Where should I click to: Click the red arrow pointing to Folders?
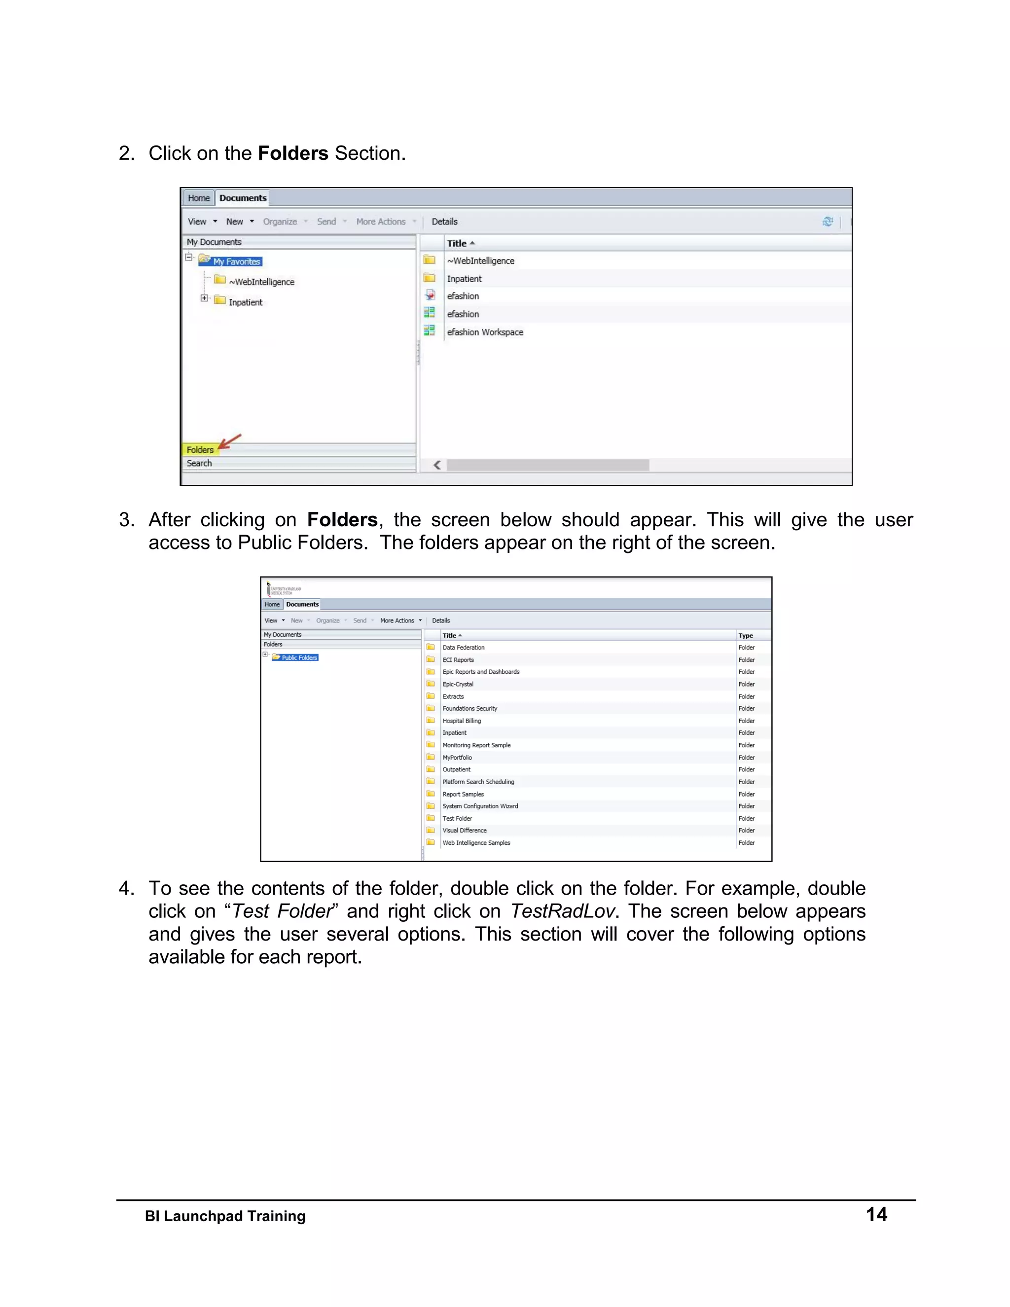coord(230,441)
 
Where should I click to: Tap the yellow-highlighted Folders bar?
coord(200,449)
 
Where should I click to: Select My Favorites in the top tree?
coord(236,261)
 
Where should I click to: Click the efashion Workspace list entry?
coord(485,332)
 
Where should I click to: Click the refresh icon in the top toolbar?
coord(828,221)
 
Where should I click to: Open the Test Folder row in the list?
coord(457,818)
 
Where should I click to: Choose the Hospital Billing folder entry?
coord(461,721)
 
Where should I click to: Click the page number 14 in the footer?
coord(876,1214)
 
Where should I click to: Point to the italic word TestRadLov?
coord(562,911)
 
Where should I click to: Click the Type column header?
coord(746,636)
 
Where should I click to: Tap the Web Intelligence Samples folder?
coord(476,842)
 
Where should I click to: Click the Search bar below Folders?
coord(199,463)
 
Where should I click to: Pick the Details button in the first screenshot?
coord(444,221)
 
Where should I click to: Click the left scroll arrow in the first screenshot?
coord(437,465)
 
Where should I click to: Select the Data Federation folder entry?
coord(463,648)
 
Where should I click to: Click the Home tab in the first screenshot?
coord(199,198)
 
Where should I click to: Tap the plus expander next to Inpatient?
coord(205,298)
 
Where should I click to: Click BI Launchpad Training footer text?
coord(225,1216)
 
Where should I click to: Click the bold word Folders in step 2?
coord(292,153)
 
